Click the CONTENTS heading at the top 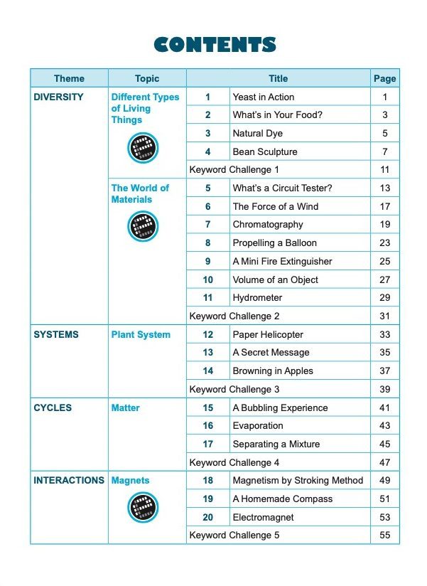(x=215, y=45)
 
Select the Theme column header (x=69, y=79)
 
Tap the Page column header (x=384, y=79)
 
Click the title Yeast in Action (x=263, y=97)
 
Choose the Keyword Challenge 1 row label (x=234, y=170)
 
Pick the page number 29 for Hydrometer (x=384, y=298)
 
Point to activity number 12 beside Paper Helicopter (x=207, y=334)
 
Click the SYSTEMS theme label (x=56, y=334)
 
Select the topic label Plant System (x=141, y=334)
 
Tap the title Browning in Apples (x=273, y=371)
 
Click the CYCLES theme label (x=53, y=407)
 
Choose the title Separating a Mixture (x=276, y=444)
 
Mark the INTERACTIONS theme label (x=69, y=481)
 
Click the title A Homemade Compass (x=282, y=499)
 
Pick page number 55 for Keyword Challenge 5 (x=384, y=536)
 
